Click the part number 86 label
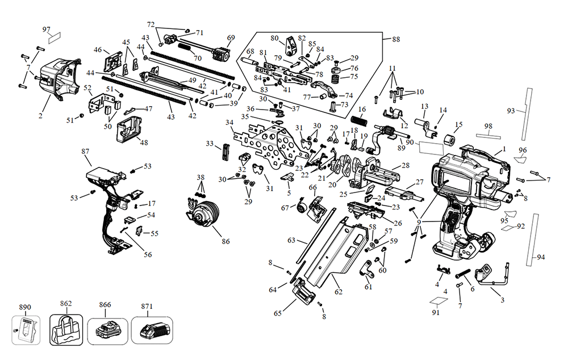click(225, 241)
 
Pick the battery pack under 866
click(106, 329)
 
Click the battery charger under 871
click(152, 329)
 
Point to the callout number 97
click(47, 29)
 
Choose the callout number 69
click(231, 38)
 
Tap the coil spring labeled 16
click(359, 122)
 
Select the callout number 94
click(540, 257)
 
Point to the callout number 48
click(144, 143)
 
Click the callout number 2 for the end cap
click(41, 116)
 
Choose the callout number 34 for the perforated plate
click(229, 123)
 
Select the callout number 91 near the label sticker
click(436, 312)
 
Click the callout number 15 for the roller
click(459, 124)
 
